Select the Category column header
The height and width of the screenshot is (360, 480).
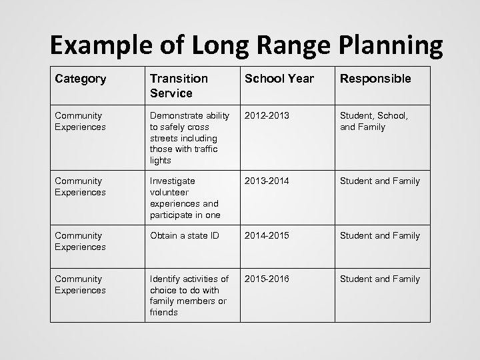pos(81,79)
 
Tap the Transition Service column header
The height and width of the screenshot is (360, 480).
pos(179,85)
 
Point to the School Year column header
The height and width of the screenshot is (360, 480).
pos(279,79)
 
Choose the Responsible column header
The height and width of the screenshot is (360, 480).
pos(375,79)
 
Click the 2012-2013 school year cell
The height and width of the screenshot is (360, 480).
pos(267,115)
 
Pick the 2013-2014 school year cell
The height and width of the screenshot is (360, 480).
pos(267,181)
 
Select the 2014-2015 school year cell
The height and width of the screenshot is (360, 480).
pos(267,235)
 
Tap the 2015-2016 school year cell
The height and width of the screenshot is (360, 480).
pos(267,279)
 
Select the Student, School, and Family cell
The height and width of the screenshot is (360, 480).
pos(374,121)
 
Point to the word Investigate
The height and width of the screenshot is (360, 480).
pos(173,181)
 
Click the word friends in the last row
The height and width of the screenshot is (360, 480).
pos(164,312)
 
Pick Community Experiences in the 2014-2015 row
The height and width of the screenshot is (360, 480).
pos(79,241)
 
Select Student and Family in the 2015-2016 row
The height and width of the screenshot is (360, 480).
pos(380,279)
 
